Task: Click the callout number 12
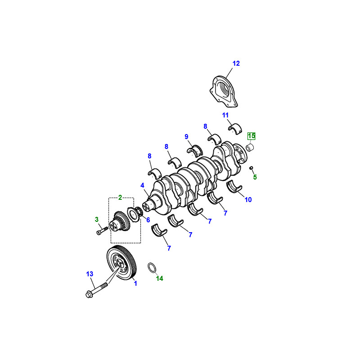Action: coord(237,63)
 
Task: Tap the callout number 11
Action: coord(225,115)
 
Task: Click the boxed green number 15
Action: coord(251,135)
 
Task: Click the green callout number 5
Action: coord(255,177)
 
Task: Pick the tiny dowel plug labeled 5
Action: coord(251,168)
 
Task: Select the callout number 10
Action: coord(248,199)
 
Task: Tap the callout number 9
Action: coord(186,136)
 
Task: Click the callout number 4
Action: coord(142,185)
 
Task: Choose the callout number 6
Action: coord(148,220)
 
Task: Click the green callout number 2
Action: coord(120,197)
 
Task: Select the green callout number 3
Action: coord(96,219)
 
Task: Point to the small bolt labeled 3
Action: coord(100,232)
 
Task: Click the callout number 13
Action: coord(90,274)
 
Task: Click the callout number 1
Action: coord(135,283)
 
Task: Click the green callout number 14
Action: coord(159,279)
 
